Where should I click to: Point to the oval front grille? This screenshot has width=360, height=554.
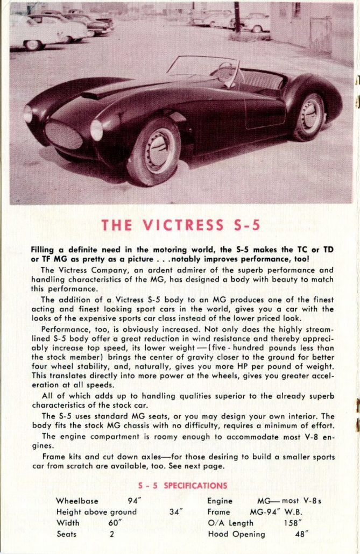pyautogui.click(x=63, y=134)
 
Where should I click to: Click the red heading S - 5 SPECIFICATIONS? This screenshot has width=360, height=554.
pyautogui.click(x=182, y=485)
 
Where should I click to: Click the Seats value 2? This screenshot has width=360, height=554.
pyautogui.click(x=112, y=534)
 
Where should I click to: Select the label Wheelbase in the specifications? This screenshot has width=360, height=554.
pyautogui.click(x=78, y=501)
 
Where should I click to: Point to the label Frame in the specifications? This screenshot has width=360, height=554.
pyautogui.click(x=218, y=512)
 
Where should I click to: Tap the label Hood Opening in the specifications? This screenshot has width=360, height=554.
pyautogui.click(x=236, y=534)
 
